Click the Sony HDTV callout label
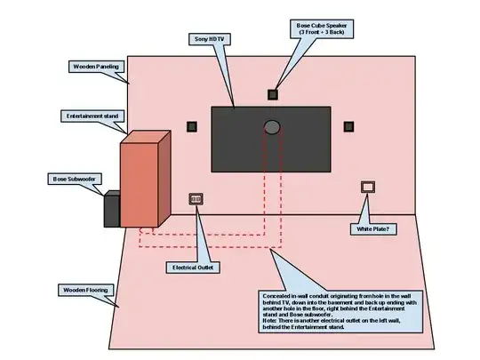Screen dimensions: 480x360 pyautogui.click(x=210, y=39)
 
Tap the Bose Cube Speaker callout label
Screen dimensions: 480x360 pyautogui.click(x=322, y=29)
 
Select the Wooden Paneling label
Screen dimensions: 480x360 pyautogui.click(x=96, y=67)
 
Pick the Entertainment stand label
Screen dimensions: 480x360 pyautogui.click(x=92, y=116)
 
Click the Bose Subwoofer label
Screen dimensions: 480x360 pyautogui.click(x=75, y=179)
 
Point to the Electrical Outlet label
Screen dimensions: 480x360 pyautogui.click(x=193, y=268)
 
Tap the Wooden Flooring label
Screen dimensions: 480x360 pyautogui.click(x=85, y=290)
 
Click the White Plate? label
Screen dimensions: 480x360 pyautogui.click(x=373, y=229)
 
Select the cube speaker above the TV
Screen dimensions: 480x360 pyautogui.click(x=273, y=94)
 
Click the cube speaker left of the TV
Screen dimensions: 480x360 pyautogui.click(x=192, y=126)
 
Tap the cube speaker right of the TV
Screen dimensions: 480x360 pyautogui.click(x=348, y=126)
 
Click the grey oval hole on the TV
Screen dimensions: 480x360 pyautogui.click(x=272, y=127)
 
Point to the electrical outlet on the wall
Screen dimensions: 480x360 pyautogui.click(x=196, y=199)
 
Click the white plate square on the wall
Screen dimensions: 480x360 pyautogui.click(x=368, y=187)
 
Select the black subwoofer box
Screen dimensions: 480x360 pyautogui.click(x=112, y=209)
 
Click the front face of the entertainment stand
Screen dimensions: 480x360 pyautogui.click(x=140, y=185)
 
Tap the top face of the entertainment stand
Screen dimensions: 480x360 pyautogui.click(x=146, y=137)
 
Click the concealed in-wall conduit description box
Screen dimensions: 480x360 pyautogui.click(x=340, y=312)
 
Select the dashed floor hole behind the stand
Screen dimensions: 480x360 pyautogui.click(x=147, y=230)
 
